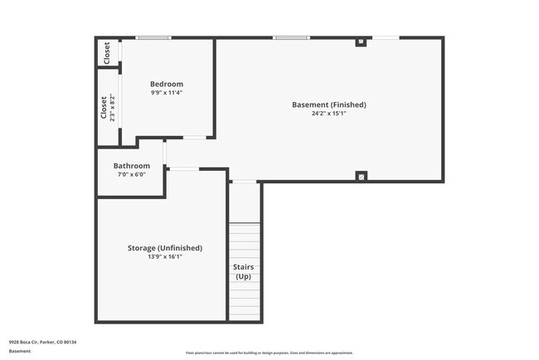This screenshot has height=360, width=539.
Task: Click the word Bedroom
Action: click(x=167, y=84)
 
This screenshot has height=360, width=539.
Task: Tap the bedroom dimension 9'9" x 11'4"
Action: click(x=167, y=93)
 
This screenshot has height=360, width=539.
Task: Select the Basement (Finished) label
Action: click(x=329, y=105)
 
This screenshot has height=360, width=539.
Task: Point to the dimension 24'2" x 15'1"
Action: click(x=329, y=114)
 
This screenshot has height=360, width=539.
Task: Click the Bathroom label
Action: click(x=132, y=166)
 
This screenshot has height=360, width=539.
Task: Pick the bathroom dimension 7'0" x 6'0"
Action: click(x=132, y=175)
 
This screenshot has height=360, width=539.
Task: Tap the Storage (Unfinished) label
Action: click(x=165, y=247)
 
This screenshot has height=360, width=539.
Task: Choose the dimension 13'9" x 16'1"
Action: click(x=165, y=257)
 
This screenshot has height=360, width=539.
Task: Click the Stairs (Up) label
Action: click(x=245, y=271)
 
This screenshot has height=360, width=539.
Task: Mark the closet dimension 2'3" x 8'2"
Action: click(x=113, y=109)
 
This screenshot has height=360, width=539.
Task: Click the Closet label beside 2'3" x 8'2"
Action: click(x=104, y=109)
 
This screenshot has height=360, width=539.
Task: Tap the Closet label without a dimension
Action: click(x=107, y=53)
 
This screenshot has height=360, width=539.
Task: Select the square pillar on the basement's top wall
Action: click(x=361, y=41)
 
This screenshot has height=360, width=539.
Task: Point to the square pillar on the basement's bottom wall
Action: click(x=361, y=176)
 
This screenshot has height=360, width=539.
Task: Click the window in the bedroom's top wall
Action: click(x=153, y=37)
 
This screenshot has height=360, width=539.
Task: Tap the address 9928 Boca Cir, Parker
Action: click(x=42, y=341)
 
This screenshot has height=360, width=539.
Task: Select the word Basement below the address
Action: click(x=20, y=351)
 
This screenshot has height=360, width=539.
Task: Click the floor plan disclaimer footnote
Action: click(x=269, y=353)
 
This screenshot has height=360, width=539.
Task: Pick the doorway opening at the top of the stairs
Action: click(x=244, y=182)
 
